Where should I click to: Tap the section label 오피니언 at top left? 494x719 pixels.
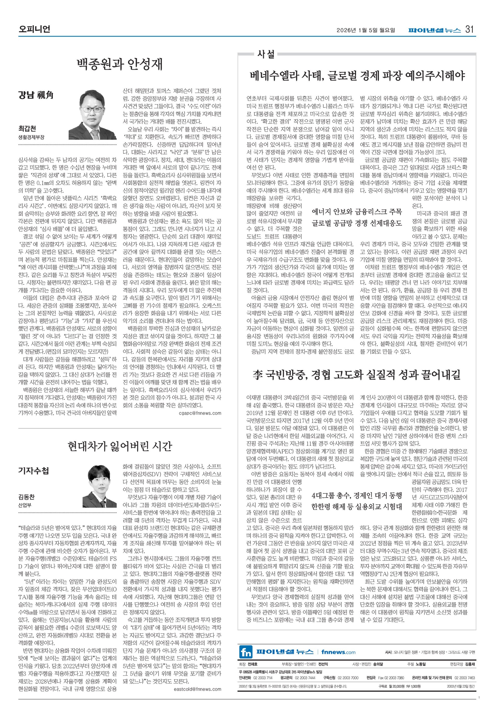pos(34,30)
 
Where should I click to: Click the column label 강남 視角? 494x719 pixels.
pos(36,95)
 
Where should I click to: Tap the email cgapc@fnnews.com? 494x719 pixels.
pos(200,413)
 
